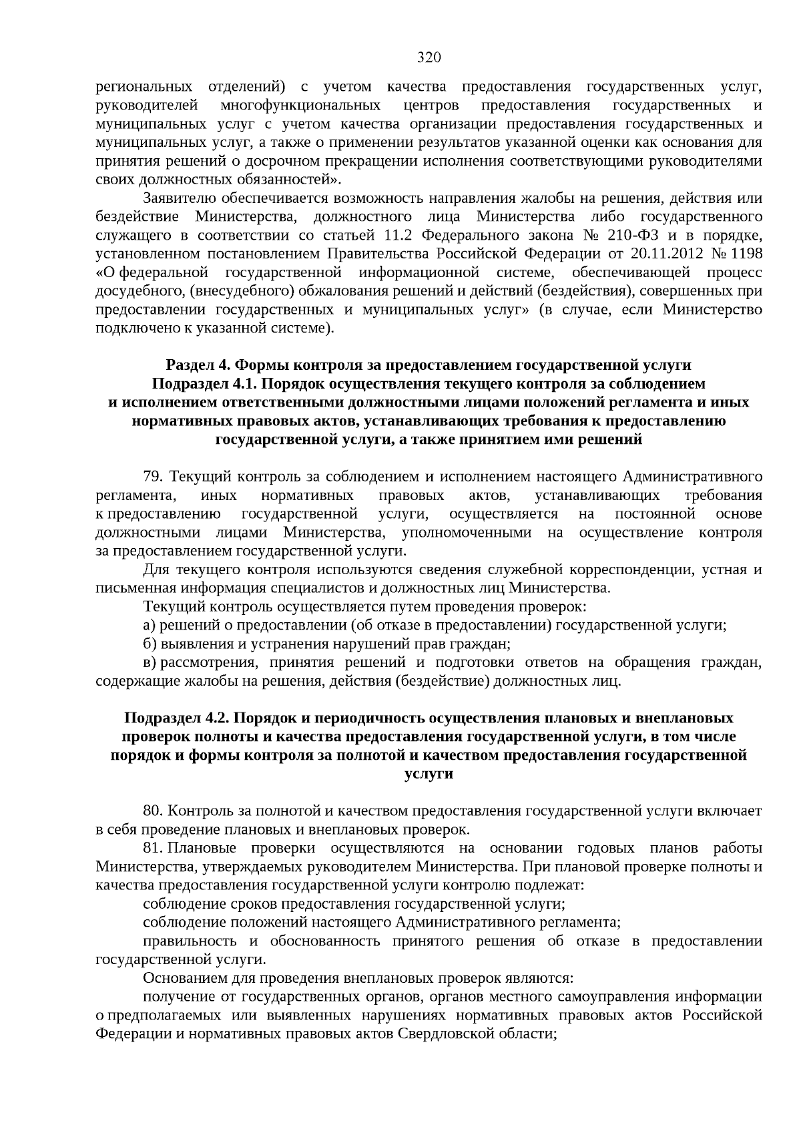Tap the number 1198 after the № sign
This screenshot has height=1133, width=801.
[x=746, y=254]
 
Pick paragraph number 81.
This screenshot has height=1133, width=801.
[x=153, y=849]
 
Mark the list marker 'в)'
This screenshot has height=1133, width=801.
[x=150, y=663]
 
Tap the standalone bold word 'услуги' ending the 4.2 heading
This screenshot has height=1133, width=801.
[x=429, y=774]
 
